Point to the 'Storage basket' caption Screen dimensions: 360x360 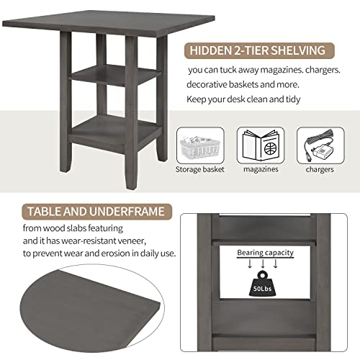[199, 170]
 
